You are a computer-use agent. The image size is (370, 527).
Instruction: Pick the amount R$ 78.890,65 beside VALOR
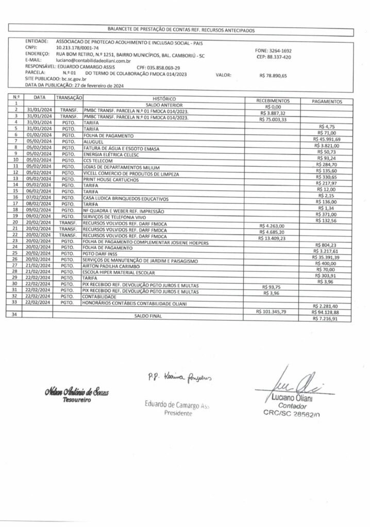click(273, 76)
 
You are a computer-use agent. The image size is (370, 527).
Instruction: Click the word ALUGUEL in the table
click(93, 141)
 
